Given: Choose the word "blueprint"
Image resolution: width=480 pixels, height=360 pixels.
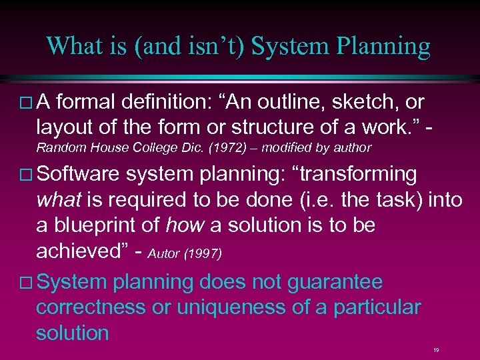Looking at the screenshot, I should coord(100,225).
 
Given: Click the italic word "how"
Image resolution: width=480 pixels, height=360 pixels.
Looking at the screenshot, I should coord(184,225).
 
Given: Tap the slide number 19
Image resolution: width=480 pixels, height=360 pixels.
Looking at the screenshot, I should coord(435,349).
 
